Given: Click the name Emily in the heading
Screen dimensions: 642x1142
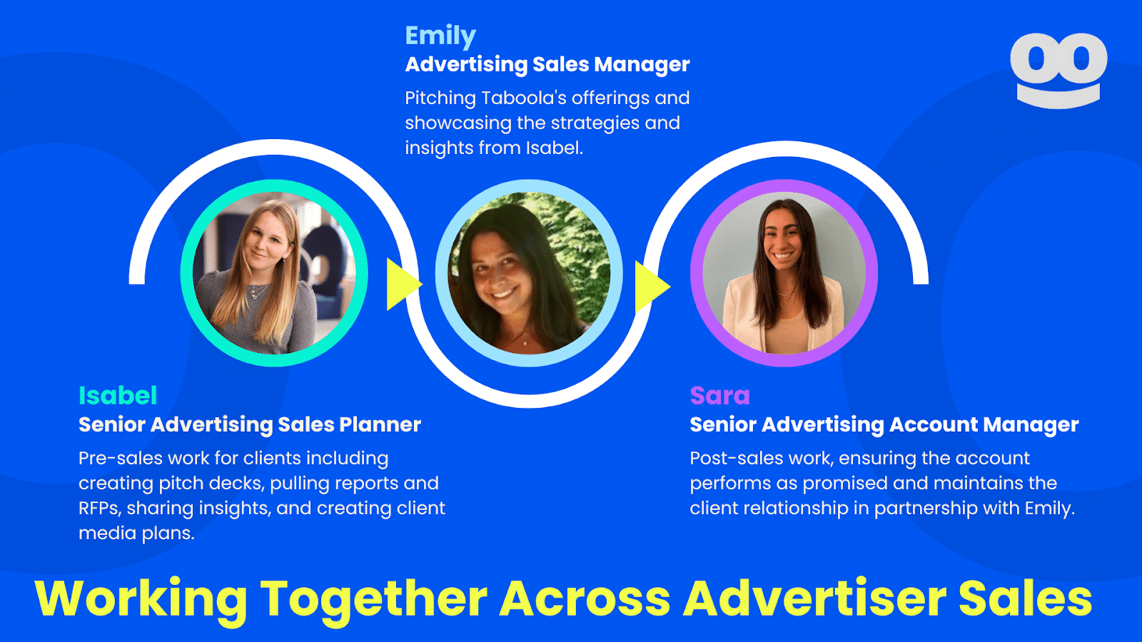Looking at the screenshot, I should (x=440, y=36).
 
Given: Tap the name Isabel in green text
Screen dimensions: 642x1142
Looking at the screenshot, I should (x=118, y=395).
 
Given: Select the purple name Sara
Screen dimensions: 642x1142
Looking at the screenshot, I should (x=719, y=395).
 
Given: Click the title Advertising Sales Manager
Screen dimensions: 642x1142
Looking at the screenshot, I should (x=547, y=64).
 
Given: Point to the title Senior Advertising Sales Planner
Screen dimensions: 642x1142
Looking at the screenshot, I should (x=250, y=424).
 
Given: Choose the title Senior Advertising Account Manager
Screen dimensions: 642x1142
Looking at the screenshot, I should (x=884, y=424).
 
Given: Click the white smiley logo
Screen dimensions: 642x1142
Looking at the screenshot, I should (x=1058, y=70).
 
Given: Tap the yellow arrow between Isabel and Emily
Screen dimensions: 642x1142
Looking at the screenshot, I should (x=402, y=285).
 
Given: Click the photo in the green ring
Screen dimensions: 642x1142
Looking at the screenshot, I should (x=274, y=273).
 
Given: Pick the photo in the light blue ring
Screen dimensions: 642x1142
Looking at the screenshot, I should (x=529, y=273).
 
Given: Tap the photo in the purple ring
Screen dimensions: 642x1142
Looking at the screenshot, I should (x=784, y=273).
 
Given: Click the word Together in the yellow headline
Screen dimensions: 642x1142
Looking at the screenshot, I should (x=373, y=599).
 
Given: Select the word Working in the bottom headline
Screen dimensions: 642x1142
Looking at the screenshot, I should (x=141, y=599).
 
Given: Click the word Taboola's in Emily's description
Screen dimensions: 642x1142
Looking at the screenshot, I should (x=524, y=98).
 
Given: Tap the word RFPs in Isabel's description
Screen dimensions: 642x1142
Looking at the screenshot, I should (x=99, y=508).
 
